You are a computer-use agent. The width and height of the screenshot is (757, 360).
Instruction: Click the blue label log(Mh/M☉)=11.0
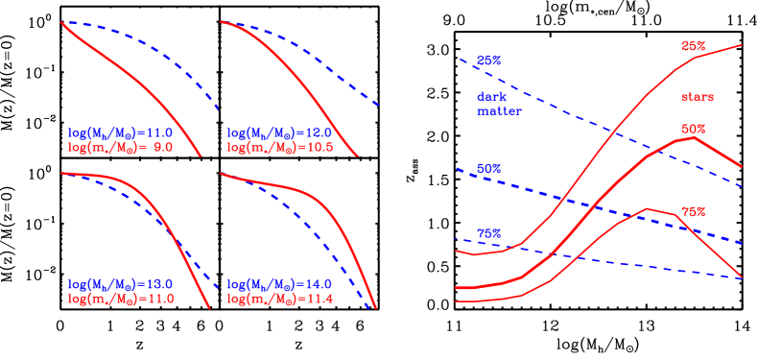[x=119, y=132]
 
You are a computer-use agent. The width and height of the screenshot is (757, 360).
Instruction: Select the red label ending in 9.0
[x=119, y=147]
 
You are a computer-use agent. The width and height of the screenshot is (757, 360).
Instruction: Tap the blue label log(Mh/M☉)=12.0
[x=278, y=132]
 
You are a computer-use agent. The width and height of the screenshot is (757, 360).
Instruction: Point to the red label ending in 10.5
[x=278, y=147]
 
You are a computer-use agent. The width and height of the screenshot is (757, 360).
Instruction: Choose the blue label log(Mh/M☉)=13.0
[x=119, y=285]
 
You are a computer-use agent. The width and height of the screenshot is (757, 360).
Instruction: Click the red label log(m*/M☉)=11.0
[x=119, y=299]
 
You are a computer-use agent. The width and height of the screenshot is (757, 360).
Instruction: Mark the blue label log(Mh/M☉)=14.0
[x=278, y=285]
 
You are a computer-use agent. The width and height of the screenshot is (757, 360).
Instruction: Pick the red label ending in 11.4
[x=278, y=299]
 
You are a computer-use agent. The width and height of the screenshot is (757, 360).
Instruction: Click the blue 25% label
[x=489, y=60]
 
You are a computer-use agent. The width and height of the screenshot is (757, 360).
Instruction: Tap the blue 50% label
[x=489, y=168]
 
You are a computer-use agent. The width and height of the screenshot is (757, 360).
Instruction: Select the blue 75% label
[x=489, y=233]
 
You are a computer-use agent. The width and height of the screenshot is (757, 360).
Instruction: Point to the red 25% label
[x=693, y=46]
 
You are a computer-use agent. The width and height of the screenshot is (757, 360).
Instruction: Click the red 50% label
[x=693, y=129]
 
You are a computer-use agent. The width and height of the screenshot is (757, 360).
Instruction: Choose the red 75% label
[x=693, y=211]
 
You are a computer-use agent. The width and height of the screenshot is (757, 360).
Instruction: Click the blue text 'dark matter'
[x=499, y=104]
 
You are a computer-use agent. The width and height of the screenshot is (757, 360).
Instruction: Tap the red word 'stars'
[x=697, y=97]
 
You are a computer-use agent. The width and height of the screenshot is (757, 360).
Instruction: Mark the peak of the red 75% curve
[x=650, y=208]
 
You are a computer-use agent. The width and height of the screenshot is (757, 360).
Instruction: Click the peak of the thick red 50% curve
[x=693, y=138]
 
